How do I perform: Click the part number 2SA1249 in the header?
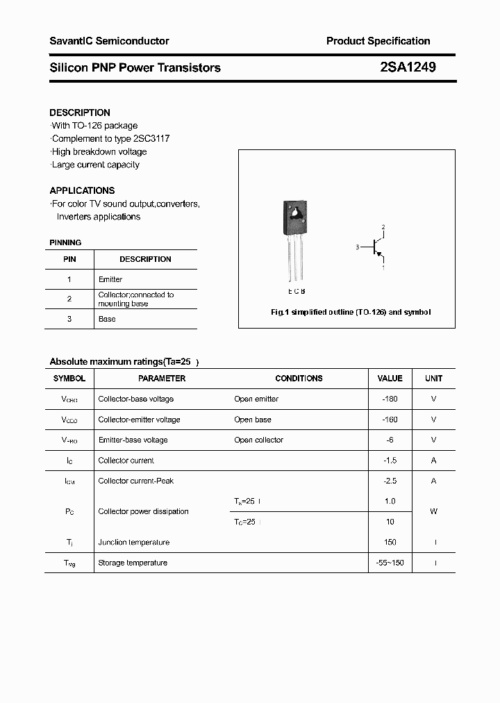(x=408, y=67)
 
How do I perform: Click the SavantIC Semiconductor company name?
(x=109, y=41)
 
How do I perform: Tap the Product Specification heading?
(x=378, y=41)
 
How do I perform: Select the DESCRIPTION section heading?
(x=80, y=113)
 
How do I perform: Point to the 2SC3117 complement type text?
(x=150, y=138)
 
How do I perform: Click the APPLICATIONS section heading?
(x=82, y=190)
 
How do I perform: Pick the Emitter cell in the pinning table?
(x=110, y=279)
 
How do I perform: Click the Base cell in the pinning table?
(x=107, y=319)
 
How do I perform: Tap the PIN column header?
(x=69, y=259)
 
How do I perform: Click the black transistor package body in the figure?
(x=294, y=218)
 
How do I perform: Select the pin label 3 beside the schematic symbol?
(x=357, y=247)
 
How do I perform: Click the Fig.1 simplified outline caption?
(x=350, y=313)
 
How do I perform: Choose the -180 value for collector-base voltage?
(x=390, y=399)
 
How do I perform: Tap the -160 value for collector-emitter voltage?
(x=390, y=420)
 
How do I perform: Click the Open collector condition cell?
(x=258, y=440)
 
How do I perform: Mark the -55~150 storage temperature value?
(x=390, y=563)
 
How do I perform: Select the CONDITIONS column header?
(x=299, y=379)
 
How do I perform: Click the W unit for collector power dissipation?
(x=433, y=511)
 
